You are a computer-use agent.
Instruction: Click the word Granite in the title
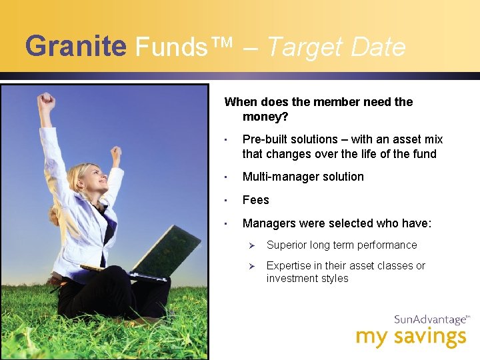[x=75, y=47]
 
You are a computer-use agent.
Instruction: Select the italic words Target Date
[x=336, y=47]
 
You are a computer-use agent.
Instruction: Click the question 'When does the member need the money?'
[x=318, y=109]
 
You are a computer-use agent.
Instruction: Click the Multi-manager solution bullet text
[x=303, y=177]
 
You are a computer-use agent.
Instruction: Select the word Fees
[x=256, y=200]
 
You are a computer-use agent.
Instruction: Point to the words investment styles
[x=307, y=279]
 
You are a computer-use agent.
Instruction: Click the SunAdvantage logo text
[x=430, y=319]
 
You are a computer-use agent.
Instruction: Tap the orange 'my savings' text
[x=411, y=337]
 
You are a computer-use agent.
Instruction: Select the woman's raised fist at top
[x=46, y=102]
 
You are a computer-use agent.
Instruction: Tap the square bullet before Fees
[x=227, y=201]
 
